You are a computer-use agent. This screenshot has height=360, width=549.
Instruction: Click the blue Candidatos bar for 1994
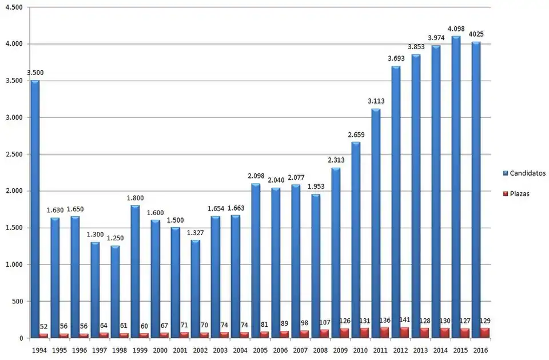tap(35, 209)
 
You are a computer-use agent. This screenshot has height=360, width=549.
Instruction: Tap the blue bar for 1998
tap(115, 292)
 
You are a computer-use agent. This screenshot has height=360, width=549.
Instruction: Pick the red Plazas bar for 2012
tap(404, 333)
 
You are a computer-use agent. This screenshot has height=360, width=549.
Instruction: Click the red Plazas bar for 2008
tap(324, 334)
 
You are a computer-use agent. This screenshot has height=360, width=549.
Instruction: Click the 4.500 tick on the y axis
tap(13, 7)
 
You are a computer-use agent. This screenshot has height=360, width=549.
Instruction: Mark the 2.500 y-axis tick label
tap(13, 154)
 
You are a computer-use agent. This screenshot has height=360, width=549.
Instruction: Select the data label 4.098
tap(456, 28)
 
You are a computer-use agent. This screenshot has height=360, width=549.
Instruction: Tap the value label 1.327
tap(194, 232)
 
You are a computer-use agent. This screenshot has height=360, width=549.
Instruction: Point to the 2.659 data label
tap(355, 134)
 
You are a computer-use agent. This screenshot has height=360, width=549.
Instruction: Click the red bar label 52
tap(44, 326)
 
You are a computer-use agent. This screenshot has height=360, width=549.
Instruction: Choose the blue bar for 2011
tap(376, 223)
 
